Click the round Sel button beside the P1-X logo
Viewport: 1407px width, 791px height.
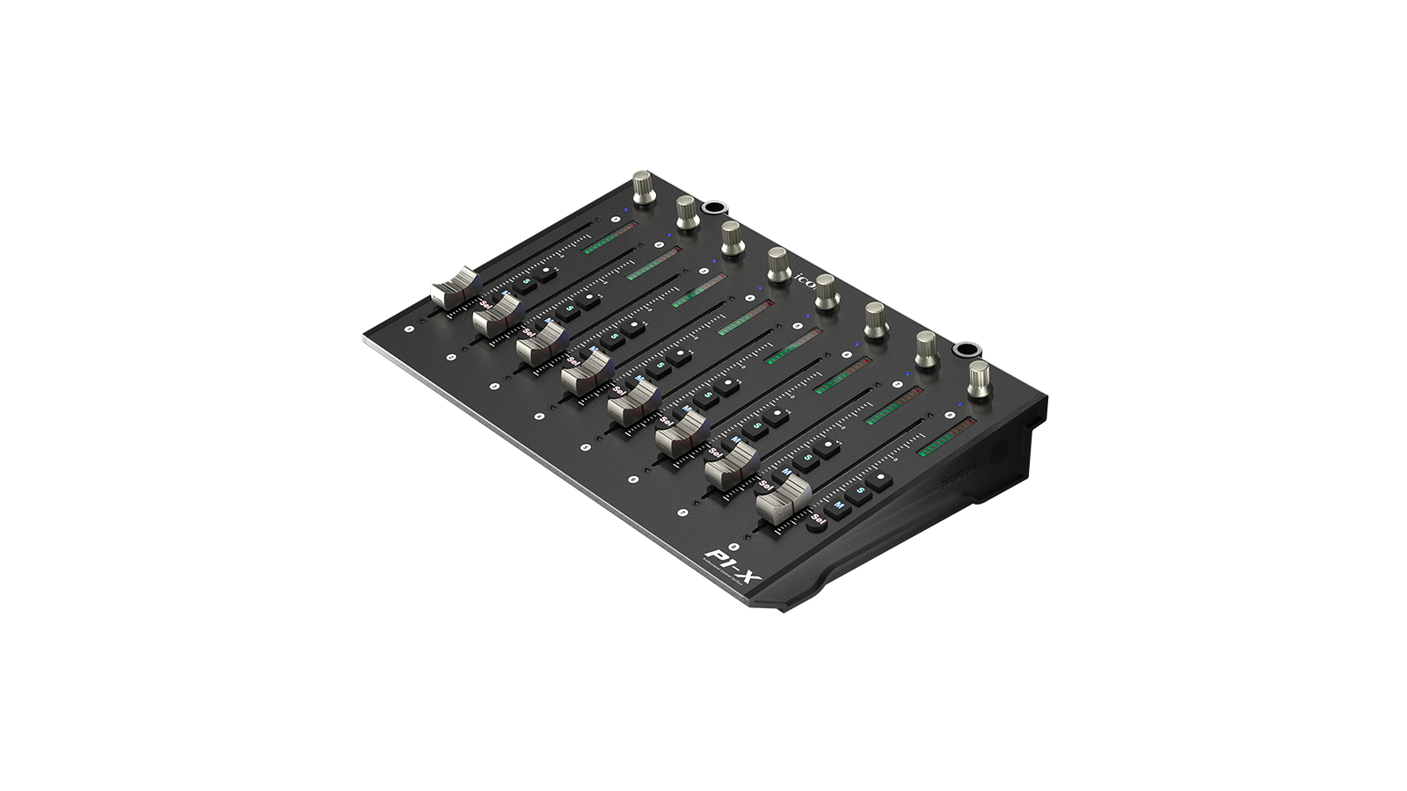coord(817,520)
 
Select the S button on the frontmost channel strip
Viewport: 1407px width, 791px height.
coord(859,491)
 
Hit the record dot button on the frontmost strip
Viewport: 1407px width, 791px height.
coord(879,479)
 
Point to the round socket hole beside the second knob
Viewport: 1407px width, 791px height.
coord(711,209)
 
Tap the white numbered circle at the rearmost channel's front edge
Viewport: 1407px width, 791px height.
coord(409,330)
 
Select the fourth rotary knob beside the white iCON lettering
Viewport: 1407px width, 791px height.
coord(777,264)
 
